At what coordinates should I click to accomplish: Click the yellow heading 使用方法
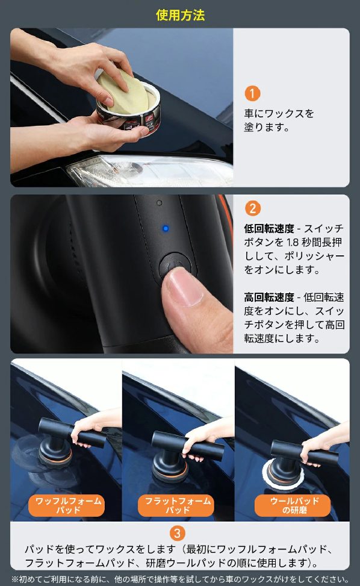point(181,15)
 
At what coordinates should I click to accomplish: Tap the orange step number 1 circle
point(252,93)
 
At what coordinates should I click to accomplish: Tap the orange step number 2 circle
point(252,208)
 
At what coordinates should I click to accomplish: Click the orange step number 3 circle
point(178,534)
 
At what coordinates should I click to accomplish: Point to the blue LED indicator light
point(166,228)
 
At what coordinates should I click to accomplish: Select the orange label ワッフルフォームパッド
point(66,506)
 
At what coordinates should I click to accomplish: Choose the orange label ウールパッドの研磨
point(293,506)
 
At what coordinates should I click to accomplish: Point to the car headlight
point(149,171)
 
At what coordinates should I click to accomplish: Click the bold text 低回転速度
point(269,229)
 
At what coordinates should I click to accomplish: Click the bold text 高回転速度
point(269,298)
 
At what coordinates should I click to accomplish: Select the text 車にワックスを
point(279,113)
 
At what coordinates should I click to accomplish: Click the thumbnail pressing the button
point(185,286)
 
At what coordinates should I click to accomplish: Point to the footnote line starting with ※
point(179,579)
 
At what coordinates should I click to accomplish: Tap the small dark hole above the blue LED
point(160,203)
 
